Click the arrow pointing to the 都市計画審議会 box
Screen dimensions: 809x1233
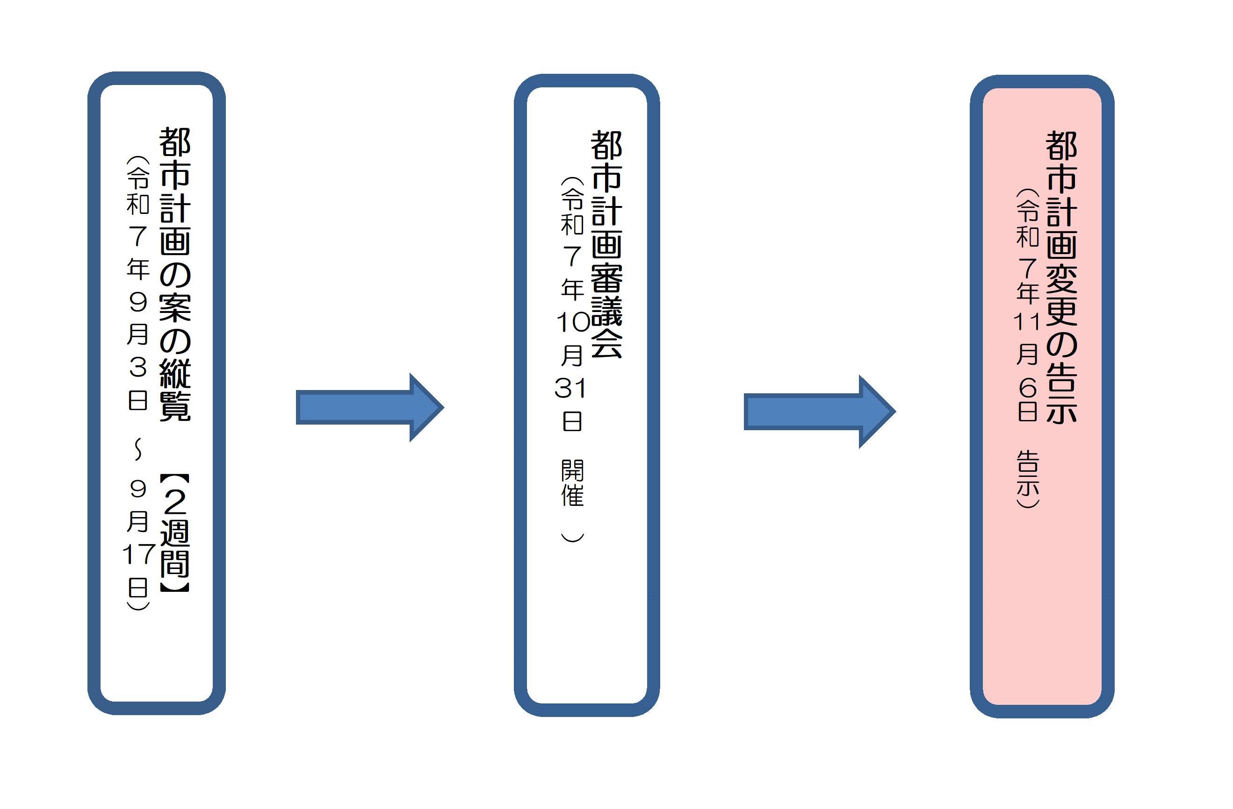click(x=369, y=407)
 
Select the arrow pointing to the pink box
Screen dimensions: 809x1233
click(x=819, y=412)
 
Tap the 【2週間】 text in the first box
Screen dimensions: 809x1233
click(x=175, y=533)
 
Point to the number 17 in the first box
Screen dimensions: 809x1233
click(x=139, y=554)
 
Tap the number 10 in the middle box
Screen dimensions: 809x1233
click(x=573, y=322)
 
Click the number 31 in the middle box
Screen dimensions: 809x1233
click(x=570, y=388)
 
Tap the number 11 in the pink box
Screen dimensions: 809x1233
click(x=1027, y=322)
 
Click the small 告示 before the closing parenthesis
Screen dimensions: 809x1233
click(x=1028, y=474)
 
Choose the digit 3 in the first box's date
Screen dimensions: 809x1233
click(x=138, y=367)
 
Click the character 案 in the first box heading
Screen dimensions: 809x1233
click(x=175, y=308)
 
